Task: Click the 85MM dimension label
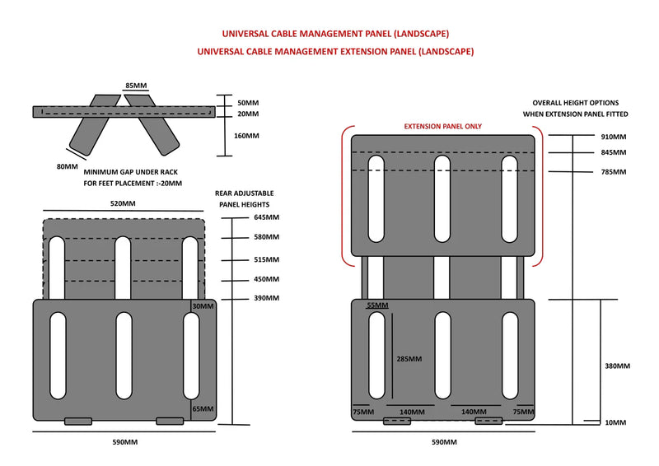pos(137,86)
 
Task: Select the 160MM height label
pos(247,136)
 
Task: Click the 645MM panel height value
pos(267,218)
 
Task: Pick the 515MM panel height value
pos(267,259)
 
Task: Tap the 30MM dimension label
pos(202,306)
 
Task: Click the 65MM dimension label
pos(203,408)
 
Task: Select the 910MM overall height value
pos(613,136)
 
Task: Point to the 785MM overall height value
pos(613,171)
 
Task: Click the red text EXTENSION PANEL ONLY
pos(442,127)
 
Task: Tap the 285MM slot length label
pos(409,359)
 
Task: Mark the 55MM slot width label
pos(376,305)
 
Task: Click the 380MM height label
pos(617,366)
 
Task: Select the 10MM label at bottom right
pos(615,422)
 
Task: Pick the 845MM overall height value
pos(613,152)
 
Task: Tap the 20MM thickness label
pos(247,114)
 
